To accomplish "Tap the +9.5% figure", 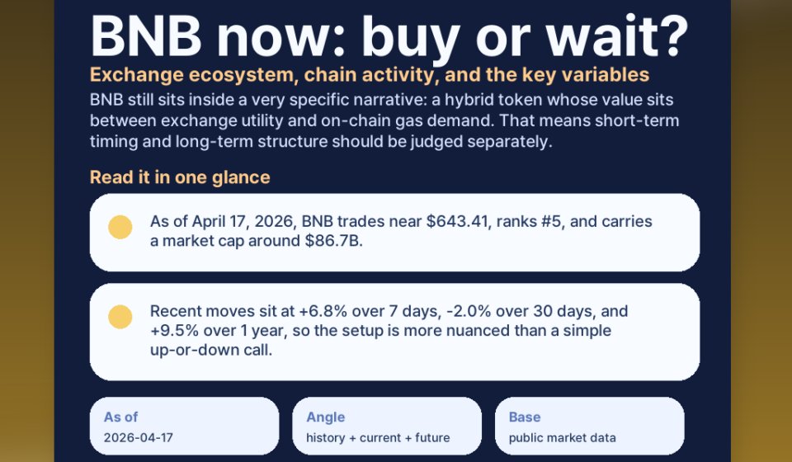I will (x=176, y=330).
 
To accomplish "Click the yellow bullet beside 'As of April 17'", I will (x=120, y=227).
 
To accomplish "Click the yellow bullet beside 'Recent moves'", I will (x=120, y=317).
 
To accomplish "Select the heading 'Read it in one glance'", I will (x=180, y=177).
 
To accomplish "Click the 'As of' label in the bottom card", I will (x=120, y=417).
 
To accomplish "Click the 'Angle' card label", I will (x=325, y=417).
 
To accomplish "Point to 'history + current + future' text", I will (x=378, y=437).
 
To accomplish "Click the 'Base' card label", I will (x=525, y=417).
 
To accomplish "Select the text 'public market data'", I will (x=562, y=437).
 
